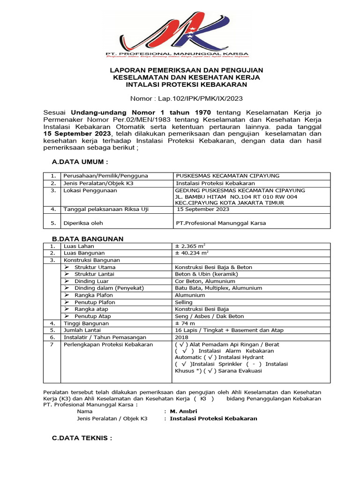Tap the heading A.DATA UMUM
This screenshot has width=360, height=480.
[x=80, y=162]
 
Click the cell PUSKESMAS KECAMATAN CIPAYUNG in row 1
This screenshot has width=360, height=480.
[x=227, y=176]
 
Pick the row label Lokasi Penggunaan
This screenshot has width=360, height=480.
[x=90, y=191]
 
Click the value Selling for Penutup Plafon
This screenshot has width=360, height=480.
[x=184, y=302]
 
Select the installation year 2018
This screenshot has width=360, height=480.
[x=181, y=337]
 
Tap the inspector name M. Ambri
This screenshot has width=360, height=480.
[x=184, y=411]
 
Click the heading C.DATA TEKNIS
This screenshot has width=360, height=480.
[x=82, y=438]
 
